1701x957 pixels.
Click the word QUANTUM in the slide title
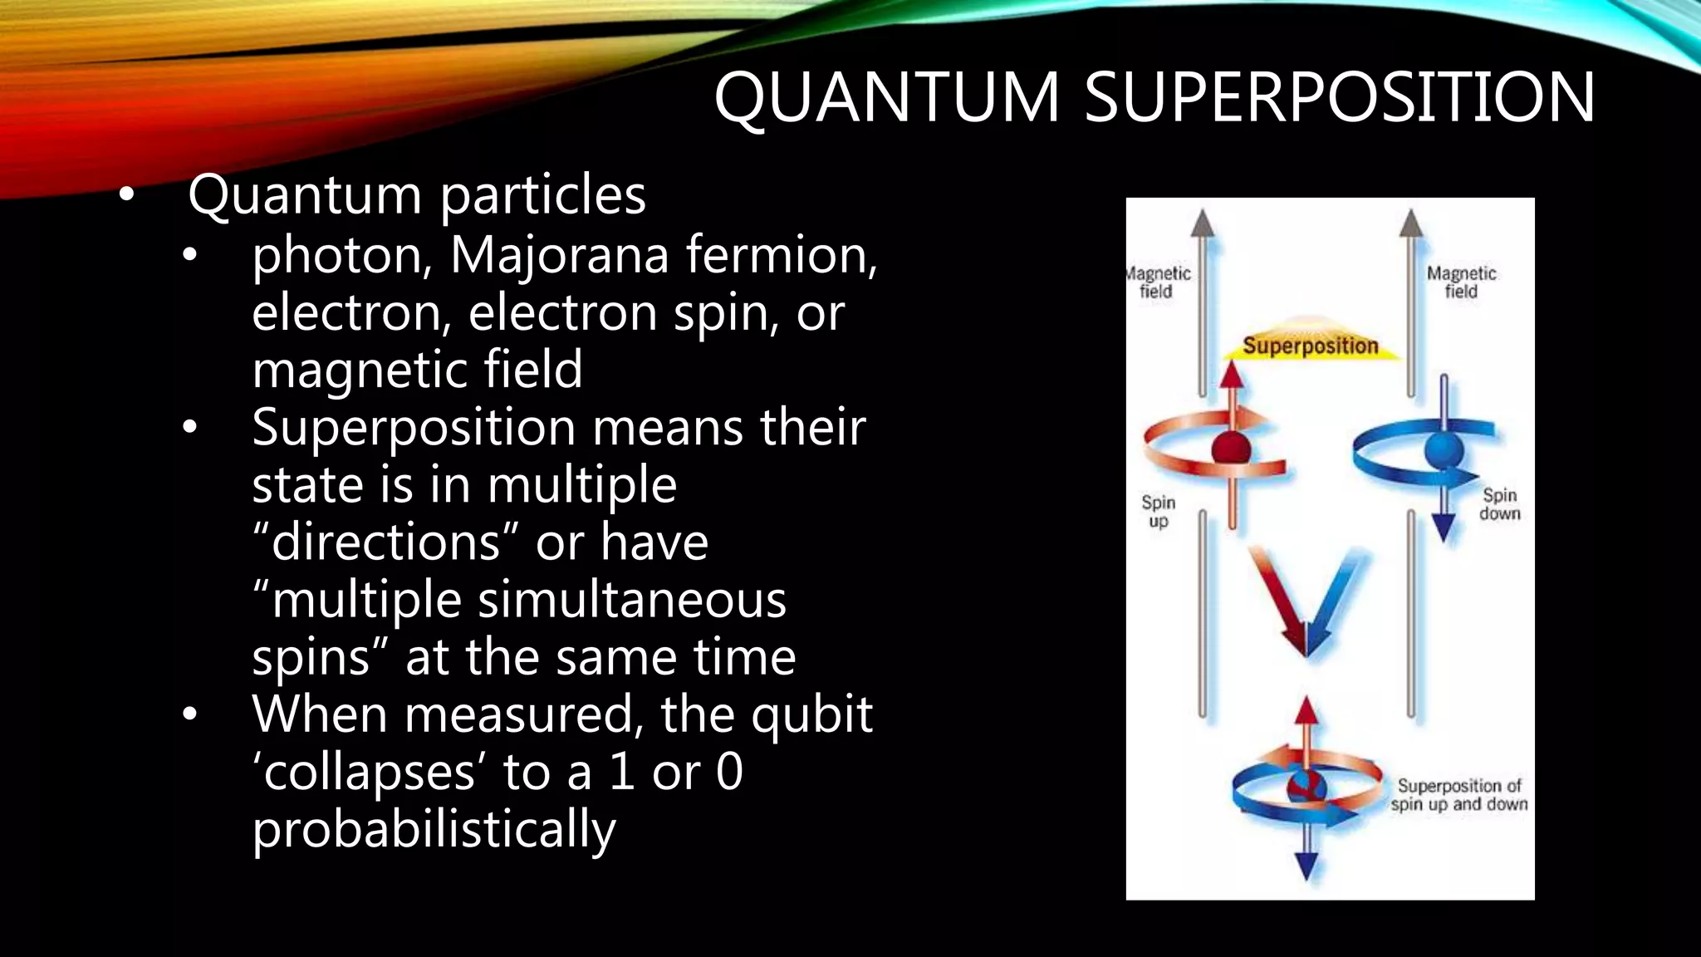click(886, 97)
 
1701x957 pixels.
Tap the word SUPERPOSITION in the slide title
click(1339, 97)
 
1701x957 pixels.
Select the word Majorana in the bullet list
click(559, 254)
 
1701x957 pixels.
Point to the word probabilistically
click(434, 830)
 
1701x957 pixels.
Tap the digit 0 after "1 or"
click(728, 772)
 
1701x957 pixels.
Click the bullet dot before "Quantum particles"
click(125, 196)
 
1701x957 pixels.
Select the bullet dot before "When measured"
click(190, 714)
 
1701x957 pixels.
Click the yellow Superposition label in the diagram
click(1310, 346)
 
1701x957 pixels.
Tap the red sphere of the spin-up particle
click(1231, 449)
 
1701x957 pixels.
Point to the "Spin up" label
click(1158, 512)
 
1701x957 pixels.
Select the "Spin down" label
click(1499, 504)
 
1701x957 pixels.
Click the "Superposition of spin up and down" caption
click(1459, 795)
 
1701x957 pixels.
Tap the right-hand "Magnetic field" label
click(1461, 282)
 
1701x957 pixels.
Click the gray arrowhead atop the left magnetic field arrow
click(1202, 223)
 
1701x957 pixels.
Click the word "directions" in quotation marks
click(386, 542)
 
